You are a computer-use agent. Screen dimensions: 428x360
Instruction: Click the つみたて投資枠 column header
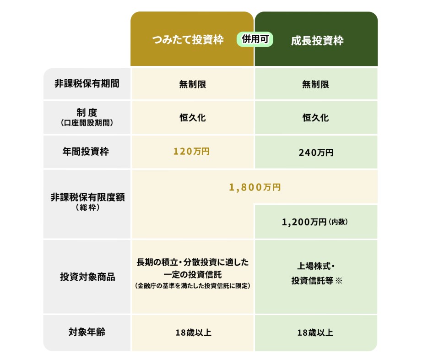click(188, 40)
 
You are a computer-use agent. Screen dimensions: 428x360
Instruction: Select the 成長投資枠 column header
click(317, 41)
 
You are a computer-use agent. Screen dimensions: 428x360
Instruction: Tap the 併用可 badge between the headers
click(255, 39)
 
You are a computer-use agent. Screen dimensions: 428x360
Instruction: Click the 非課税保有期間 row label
click(87, 83)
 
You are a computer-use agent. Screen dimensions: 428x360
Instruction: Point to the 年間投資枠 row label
click(86, 151)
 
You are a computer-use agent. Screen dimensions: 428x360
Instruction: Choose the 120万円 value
click(191, 151)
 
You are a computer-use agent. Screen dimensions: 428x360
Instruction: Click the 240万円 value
click(316, 153)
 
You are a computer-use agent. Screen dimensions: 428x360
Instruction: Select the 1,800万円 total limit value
click(255, 187)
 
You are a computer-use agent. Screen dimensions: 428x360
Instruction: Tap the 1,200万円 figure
click(304, 222)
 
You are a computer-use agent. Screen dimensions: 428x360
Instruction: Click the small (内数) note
click(338, 222)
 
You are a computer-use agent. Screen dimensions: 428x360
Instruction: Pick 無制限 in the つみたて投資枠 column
click(192, 84)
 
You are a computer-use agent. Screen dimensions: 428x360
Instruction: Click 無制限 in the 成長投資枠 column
click(315, 84)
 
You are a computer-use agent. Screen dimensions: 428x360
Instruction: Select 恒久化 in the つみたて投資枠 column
click(192, 118)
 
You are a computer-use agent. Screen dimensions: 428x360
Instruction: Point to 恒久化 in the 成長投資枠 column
click(315, 118)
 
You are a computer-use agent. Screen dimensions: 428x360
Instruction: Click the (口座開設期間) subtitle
click(87, 123)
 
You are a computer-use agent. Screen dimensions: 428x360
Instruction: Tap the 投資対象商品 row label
click(87, 277)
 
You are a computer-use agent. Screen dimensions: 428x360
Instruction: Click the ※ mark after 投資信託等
click(339, 280)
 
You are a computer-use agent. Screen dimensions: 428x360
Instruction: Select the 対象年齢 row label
click(87, 332)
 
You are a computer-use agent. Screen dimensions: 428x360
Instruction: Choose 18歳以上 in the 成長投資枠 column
click(315, 333)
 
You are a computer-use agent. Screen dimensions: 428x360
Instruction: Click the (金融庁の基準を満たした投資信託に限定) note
click(192, 286)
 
